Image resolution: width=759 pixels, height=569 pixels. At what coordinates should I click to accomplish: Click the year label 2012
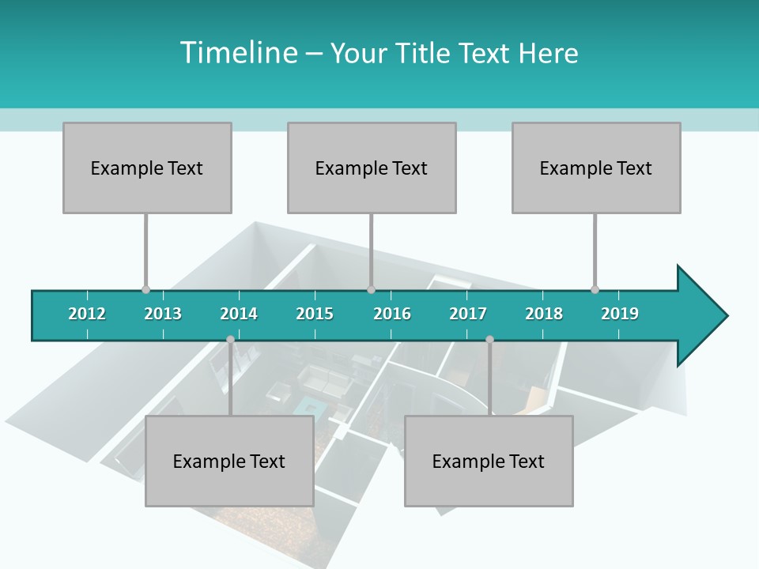(87, 314)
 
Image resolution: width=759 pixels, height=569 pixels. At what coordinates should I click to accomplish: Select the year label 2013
(163, 314)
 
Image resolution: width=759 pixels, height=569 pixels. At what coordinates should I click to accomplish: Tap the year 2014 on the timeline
(239, 314)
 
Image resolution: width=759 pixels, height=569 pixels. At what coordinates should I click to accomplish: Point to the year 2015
(315, 314)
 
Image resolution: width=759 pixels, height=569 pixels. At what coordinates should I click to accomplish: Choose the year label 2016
(392, 314)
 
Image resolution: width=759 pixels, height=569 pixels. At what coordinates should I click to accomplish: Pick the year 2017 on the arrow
(468, 314)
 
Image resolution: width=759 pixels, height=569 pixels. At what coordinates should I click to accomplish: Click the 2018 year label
(544, 314)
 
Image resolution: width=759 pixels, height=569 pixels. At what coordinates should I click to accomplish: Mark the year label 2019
(620, 314)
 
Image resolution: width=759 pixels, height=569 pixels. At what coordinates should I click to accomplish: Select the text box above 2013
(147, 168)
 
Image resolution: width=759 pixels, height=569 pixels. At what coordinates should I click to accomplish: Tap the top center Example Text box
(372, 168)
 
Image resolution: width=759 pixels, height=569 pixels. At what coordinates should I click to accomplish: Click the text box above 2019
(596, 168)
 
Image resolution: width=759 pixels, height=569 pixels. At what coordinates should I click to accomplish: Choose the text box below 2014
(229, 461)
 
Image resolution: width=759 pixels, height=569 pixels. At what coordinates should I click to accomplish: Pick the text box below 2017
(489, 461)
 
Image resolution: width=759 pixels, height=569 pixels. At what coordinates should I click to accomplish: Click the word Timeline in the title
(238, 53)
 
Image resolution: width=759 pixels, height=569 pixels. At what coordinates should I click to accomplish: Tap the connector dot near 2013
(145, 289)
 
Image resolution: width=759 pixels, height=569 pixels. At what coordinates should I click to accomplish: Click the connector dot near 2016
(372, 289)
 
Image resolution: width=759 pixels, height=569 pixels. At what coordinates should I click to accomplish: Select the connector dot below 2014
(230, 339)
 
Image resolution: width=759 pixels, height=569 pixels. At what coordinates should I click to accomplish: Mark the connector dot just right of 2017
(489, 339)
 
